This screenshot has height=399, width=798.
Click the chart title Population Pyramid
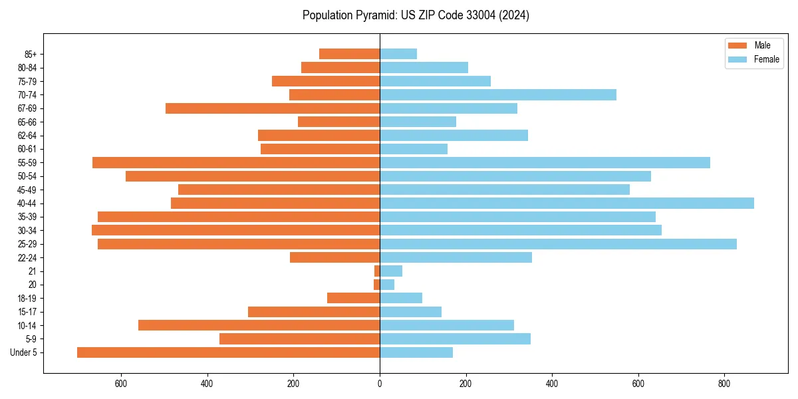[416, 15]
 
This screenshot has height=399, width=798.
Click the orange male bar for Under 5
[228, 352]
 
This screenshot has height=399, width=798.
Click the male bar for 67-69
[273, 108]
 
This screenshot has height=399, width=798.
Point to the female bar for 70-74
[498, 94]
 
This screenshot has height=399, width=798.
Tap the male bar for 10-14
[259, 325]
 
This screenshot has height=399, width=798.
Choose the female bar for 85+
[398, 54]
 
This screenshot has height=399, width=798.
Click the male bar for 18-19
[353, 298]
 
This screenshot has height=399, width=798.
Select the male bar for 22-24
[334, 257]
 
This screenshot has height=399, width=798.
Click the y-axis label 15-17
[27, 312]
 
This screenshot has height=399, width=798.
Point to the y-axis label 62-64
[27, 136]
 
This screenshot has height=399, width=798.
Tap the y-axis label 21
[33, 271]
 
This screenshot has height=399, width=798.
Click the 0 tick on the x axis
[380, 384]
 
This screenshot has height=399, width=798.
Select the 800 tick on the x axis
[724, 384]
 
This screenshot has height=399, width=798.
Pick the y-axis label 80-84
[27, 68]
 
